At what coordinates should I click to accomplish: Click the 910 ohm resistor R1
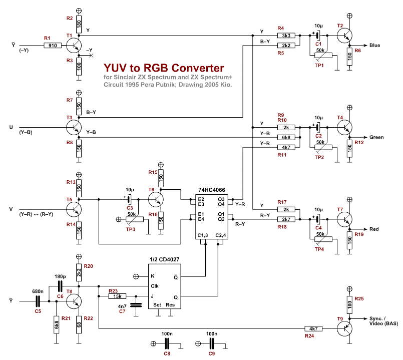point(52,46)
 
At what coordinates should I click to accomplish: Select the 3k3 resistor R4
point(286,36)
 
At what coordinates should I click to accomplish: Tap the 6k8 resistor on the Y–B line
point(286,137)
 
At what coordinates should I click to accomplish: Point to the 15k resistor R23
point(118,296)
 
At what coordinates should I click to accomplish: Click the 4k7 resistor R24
point(314,328)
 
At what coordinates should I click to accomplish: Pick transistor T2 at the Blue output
point(343,36)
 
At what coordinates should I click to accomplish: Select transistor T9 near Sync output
point(344,328)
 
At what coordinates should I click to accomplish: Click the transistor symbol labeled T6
point(156,199)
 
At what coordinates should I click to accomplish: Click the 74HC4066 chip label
point(211,191)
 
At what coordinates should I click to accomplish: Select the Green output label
point(376,137)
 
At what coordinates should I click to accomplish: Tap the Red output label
point(374,229)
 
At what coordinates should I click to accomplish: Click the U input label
point(11,127)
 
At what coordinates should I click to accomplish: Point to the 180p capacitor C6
point(60,286)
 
